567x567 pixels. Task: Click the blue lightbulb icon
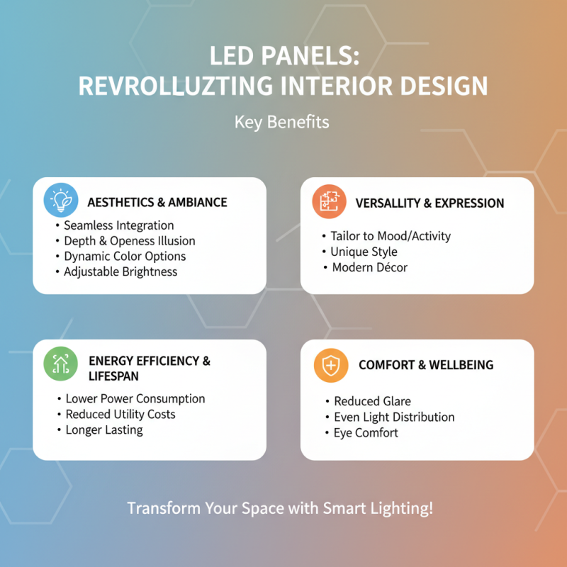[x=60, y=201]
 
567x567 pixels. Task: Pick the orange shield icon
[x=330, y=365]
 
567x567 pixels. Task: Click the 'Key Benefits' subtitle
[x=282, y=122]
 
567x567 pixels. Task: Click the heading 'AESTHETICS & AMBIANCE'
[x=157, y=202]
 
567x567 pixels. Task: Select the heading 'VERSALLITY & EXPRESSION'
[x=430, y=203]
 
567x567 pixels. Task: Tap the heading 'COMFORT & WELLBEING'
[x=426, y=365]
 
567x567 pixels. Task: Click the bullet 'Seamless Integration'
[x=118, y=225]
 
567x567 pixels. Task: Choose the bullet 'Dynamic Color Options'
[x=125, y=256]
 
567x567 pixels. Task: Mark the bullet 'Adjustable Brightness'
[x=120, y=271]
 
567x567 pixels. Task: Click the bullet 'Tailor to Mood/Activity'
[x=391, y=236]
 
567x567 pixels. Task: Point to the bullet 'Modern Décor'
[x=370, y=267]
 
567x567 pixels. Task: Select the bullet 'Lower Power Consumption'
[x=135, y=398]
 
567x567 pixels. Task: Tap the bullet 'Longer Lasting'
[x=104, y=430]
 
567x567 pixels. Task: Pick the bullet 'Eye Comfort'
[x=366, y=432]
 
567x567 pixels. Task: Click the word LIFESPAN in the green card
[x=113, y=376]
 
